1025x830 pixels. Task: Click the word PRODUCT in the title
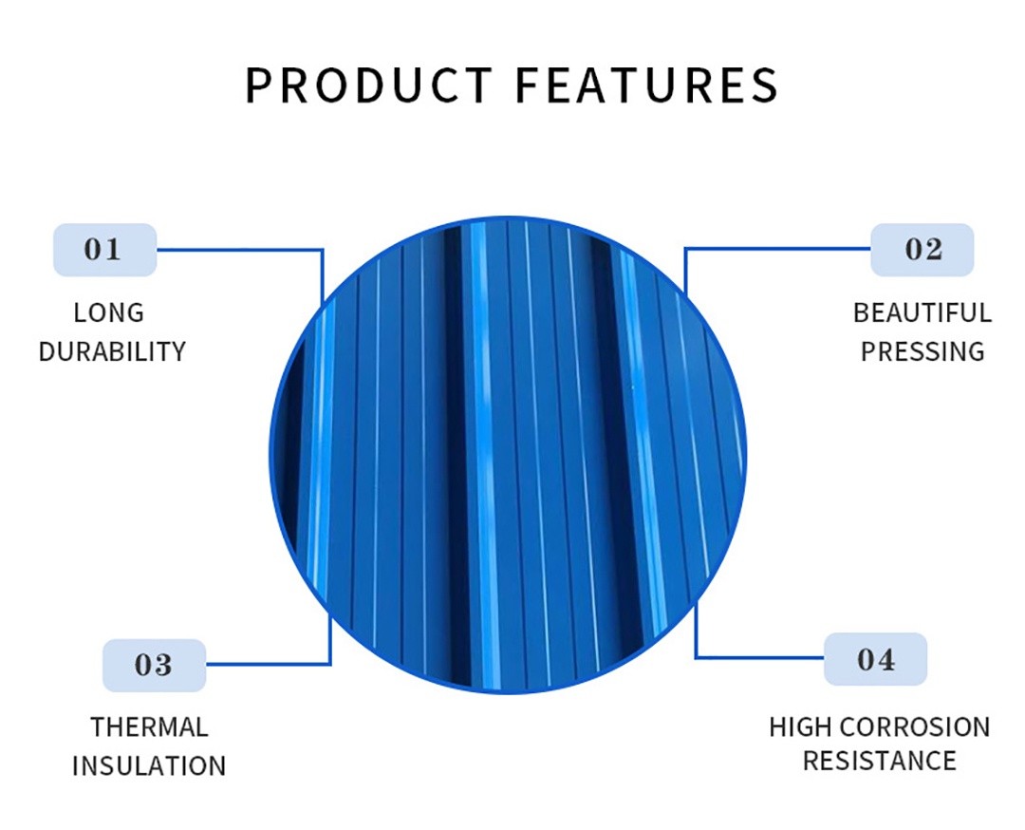pyautogui.click(x=368, y=85)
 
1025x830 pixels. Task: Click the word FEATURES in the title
pyautogui.click(x=647, y=85)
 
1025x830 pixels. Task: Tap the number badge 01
pyautogui.click(x=104, y=250)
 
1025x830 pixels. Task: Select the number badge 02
pyautogui.click(x=922, y=250)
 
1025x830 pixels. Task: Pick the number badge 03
pyautogui.click(x=155, y=665)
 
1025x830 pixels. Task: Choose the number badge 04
pyautogui.click(x=875, y=659)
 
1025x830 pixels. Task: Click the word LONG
pyautogui.click(x=108, y=312)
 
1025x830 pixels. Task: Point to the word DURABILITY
pyautogui.click(x=112, y=352)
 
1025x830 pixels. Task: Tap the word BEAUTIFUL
pyautogui.click(x=922, y=312)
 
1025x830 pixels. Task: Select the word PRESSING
pyautogui.click(x=922, y=352)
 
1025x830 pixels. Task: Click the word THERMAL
pyautogui.click(x=149, y=727)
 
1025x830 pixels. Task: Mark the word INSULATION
pyautogui.click(x=149, y=766)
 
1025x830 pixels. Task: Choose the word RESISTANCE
pyautogui.click(x=879, y=762)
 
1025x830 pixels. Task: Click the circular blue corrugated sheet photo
pyautogui.click(x=508, y=455)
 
